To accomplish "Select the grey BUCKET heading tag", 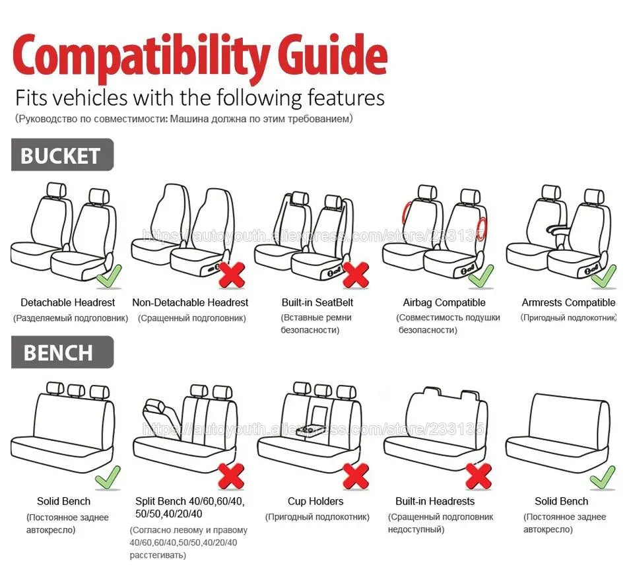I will click(61, 156).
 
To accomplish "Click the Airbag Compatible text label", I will click(444, 303).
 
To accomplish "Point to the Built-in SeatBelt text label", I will click(317, 303).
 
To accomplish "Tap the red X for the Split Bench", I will click(232, 475).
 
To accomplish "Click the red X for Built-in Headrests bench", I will click(478, 475).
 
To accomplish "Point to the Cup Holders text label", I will click(315, 502).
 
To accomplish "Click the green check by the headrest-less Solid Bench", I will click(602, 477).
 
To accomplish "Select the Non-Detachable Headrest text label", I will click(190, 303).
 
